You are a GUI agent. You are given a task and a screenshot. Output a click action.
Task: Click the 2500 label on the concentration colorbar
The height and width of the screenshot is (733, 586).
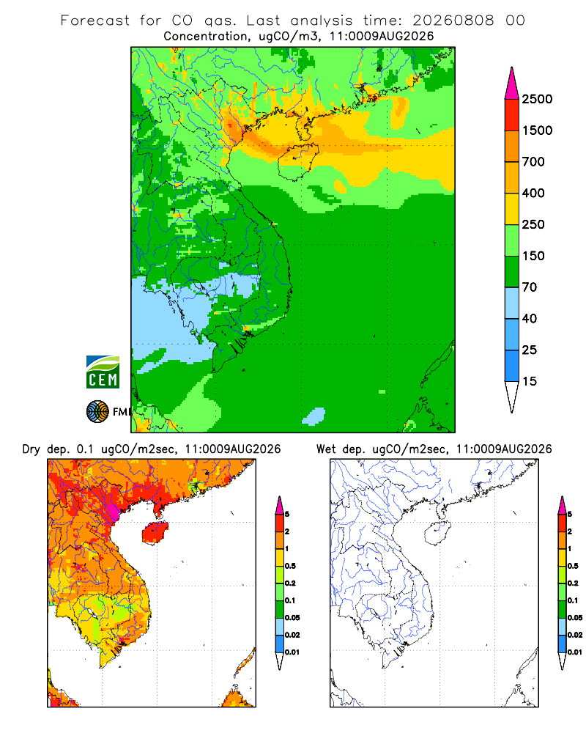click(537, 99)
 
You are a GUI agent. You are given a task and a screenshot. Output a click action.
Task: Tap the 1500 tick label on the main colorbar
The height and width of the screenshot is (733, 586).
click(537, 130)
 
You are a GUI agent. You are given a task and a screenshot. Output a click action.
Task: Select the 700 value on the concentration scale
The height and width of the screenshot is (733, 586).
click(533, 162)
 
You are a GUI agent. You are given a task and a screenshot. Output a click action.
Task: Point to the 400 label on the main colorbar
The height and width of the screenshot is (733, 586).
click(533, 193)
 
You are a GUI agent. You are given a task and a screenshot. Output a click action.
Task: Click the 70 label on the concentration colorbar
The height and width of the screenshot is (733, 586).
click(530, 287)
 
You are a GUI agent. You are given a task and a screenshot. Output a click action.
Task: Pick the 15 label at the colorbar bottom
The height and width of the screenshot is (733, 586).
click(530, 381)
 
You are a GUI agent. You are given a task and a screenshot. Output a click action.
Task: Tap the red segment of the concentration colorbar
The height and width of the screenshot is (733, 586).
click(512, 115)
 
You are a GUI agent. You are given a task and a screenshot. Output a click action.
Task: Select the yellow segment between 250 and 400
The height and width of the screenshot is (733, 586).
click(512, 209)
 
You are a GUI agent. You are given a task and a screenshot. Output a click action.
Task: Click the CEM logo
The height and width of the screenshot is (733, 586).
click(103, 372)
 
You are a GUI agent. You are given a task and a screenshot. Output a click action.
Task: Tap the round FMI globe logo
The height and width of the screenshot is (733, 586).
click(97, 412)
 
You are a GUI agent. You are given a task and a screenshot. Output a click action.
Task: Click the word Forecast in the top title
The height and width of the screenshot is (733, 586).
click(95, 21)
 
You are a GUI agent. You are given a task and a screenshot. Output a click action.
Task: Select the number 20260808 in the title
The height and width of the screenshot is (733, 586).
click(453, 21)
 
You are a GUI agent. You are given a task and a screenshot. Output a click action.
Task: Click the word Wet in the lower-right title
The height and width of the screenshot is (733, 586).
click(327, 449)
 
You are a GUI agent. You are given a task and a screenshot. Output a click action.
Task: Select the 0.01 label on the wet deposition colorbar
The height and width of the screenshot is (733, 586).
click(575, 652)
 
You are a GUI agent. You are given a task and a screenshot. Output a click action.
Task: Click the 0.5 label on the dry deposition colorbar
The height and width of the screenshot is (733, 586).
click(290, 566)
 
